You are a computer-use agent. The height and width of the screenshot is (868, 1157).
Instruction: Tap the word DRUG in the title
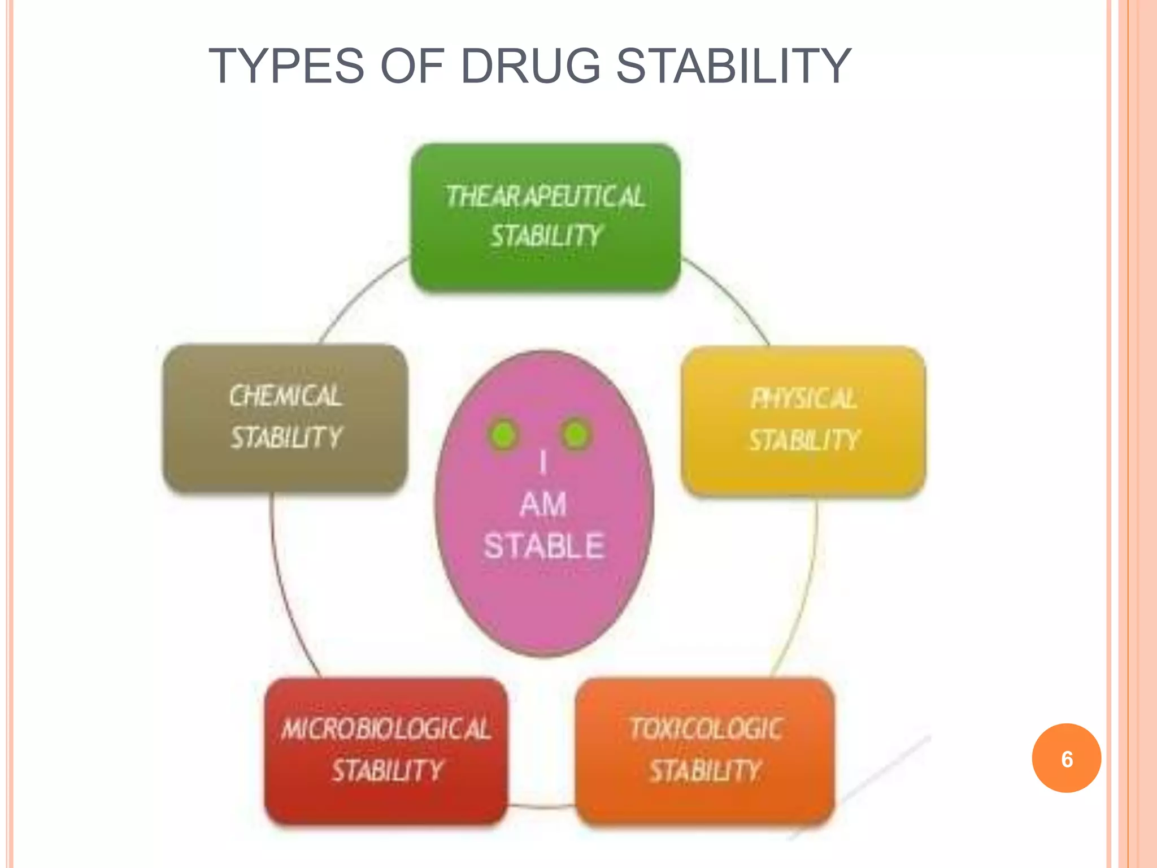(530, 67)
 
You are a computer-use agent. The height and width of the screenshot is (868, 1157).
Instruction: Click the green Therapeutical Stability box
(545, 218)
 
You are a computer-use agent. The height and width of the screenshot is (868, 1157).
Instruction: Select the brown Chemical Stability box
(285, 418)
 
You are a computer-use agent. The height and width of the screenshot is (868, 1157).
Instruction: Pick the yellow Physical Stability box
(803, 421)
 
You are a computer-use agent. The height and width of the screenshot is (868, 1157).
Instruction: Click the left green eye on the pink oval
(503, 435)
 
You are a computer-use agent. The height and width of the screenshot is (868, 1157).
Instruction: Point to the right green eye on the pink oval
(576, 435)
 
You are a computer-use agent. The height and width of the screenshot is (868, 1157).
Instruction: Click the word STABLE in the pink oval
(544, 546)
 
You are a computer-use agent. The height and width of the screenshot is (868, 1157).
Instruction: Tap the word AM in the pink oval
(543, 504)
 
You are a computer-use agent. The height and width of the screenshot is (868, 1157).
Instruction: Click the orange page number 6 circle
(1066, 758)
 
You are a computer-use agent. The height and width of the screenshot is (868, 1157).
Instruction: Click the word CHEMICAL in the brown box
(285, 396)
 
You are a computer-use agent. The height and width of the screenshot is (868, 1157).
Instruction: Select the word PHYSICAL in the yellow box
(803, 399)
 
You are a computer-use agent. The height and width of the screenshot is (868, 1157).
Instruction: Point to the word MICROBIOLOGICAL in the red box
(386, 729)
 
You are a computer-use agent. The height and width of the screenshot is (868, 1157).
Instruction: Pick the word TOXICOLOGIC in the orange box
(706, 729)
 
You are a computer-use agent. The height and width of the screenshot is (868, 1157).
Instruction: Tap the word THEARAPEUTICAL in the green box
(545, 197)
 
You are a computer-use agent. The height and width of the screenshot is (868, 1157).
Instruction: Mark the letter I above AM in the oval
(543, 462)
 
